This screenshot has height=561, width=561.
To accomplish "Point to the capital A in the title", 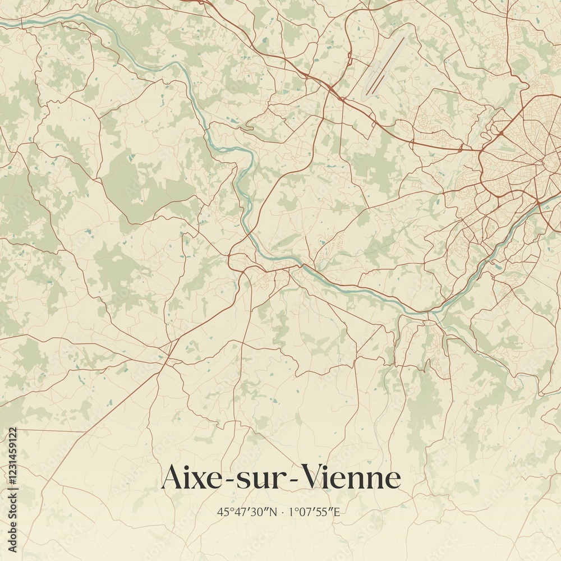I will pos(172,478).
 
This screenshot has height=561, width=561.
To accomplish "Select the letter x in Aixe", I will pos(199,481).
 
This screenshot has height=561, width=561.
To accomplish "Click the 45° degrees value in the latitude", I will pos(224,512).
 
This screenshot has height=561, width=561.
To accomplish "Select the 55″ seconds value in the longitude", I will pos(327,512).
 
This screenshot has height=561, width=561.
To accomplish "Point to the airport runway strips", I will pos(386,65).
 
